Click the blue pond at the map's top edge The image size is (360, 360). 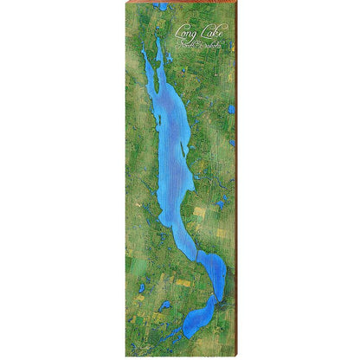(x=162, y=7)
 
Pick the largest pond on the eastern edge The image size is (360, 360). (x=232, y=111)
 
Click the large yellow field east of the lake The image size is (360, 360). (x=201, y=211)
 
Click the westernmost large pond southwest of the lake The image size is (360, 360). (x=141, y=288)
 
